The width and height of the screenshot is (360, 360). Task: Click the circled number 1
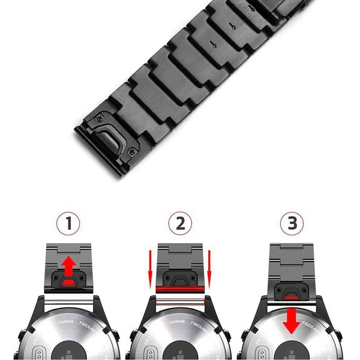click(69, 224)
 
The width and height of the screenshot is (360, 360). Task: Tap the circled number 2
click(180, 224)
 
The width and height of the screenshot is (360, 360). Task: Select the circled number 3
click(292, 224)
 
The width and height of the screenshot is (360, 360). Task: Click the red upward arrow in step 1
click(70, 264)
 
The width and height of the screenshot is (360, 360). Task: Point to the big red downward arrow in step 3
click(292, 319)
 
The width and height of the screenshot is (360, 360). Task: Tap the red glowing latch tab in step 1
click(70, 281)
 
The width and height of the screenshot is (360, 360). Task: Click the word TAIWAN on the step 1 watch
click(65, 322)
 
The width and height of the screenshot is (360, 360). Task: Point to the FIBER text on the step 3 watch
click(312, 327)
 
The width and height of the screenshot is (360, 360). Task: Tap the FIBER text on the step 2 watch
click(203, 326)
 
